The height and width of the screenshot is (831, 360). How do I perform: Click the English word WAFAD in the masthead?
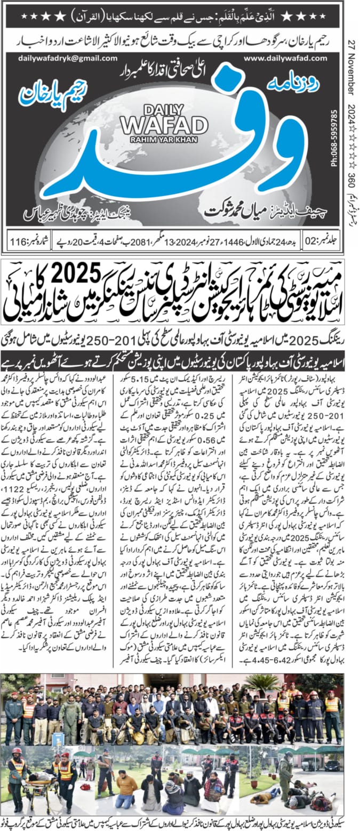click(x=164, y=126)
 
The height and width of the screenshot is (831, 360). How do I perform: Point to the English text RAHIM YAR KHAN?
click(x=164, y=140)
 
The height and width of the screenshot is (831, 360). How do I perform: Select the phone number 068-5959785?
click(x=349, y=139)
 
